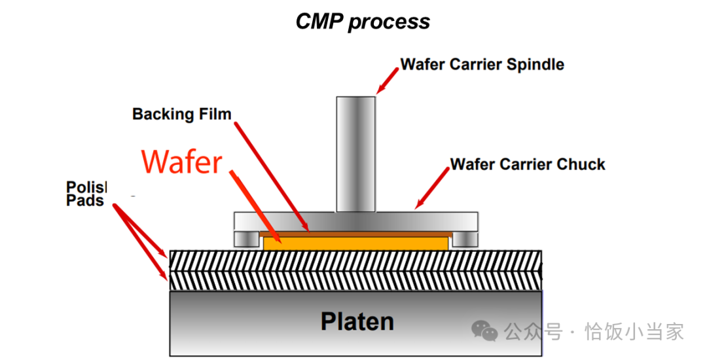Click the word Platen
click(x=357, y=321)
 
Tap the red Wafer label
click(x=182, y=161)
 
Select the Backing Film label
click(x=182, y=114)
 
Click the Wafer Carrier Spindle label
click(x=482, y=64)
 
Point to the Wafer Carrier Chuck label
click(x=528, y=164)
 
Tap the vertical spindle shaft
click(x=356, y=154)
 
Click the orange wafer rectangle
click(x=356, y=243)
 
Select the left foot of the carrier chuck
click(x=245, y=239)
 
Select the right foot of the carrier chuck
click(x=464, y=239)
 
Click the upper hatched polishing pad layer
click(x=356, y=260)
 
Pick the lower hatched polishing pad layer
click(x=356, y=281)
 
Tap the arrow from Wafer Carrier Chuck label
click(x=431, y=190)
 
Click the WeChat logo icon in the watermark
click(x=485, y=331)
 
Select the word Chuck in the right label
click(x=581, y=164)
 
